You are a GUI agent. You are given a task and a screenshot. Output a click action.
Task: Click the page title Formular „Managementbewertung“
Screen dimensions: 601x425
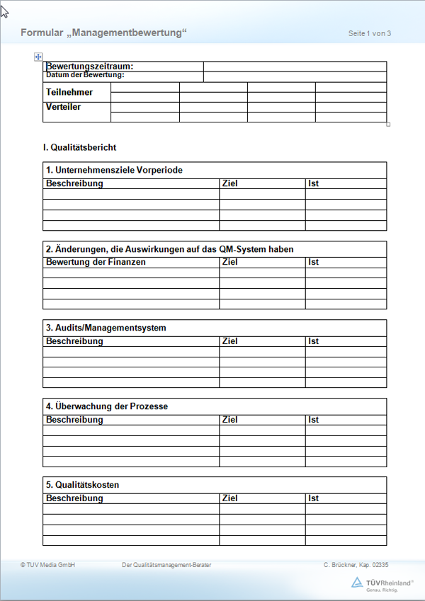pyautogui.click(x=103, y=33)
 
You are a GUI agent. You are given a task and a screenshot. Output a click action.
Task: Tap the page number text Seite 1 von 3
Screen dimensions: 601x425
pyautogui.click(x=370, y=33)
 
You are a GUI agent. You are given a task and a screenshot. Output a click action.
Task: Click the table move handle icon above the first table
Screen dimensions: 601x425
pyautogui.click(x=38, y=57)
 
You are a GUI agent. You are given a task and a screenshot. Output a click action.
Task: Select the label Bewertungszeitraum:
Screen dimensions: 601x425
pyautogui.click(x=90, y=67)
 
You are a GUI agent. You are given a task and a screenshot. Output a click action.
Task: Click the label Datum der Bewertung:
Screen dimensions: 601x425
pyautogui.click(x=85, y=75)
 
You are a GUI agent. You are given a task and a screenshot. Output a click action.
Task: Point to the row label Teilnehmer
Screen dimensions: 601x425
pyautogui.click(x=69, y=92)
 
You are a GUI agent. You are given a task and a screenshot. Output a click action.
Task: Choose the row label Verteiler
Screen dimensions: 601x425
pyautogui.click(x=64, y=107)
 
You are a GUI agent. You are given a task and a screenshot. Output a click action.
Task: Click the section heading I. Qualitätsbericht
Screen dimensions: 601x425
pyautogui.click(x=79, y=147)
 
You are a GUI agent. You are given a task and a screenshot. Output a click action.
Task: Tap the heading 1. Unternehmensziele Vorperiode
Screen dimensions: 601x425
pyautogui.click(x=114, y=171)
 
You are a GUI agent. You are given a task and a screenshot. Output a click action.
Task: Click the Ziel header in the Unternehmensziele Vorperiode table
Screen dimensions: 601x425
pyautogui.click(x=229, y=183)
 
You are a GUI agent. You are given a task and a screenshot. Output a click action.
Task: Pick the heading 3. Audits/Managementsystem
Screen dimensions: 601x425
pyautogui.click(x=106, y=328)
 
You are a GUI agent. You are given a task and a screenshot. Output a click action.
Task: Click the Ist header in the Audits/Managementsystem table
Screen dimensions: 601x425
pyautogui.click(x=314, y=341)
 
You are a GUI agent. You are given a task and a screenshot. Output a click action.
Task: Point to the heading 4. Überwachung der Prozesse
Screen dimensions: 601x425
pyautogui.click(x=107, y=406)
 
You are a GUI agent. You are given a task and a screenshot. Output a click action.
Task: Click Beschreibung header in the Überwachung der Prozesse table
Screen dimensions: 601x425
pyautogui.click(x=74, y=420)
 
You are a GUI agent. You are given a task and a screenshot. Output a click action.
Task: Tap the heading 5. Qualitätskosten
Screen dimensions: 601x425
pyautogui.click(x=83, y=485)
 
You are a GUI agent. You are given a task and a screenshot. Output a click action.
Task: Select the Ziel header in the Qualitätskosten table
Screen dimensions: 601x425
pyautogui.click(x=229, y=498)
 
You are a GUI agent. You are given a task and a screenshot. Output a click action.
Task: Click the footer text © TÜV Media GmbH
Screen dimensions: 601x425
pyautogui.click(x=47, y=565)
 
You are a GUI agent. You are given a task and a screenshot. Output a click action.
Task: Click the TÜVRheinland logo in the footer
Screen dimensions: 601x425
pyautogui.click(x=382, y=583)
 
